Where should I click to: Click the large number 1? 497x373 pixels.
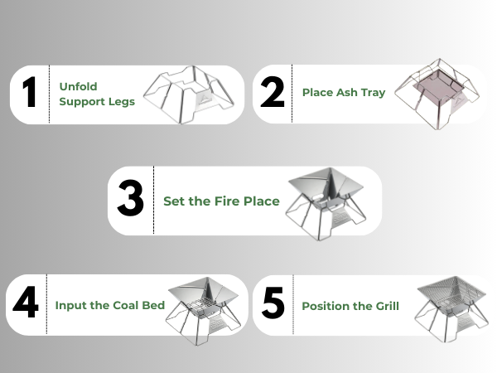coord(30,94)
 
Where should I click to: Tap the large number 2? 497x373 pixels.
coord(273,94)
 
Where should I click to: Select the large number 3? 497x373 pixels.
coord(131,201)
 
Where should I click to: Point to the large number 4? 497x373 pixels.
coord(26,304)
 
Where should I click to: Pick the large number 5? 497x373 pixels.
coord(273,305)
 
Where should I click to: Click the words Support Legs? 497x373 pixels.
coord(97,102)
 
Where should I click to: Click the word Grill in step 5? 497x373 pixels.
coord(384,306)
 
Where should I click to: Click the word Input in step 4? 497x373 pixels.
coord(71,305)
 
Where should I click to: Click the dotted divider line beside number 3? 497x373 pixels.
coord(154,201)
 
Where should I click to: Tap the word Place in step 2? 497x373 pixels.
coord(319,93)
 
